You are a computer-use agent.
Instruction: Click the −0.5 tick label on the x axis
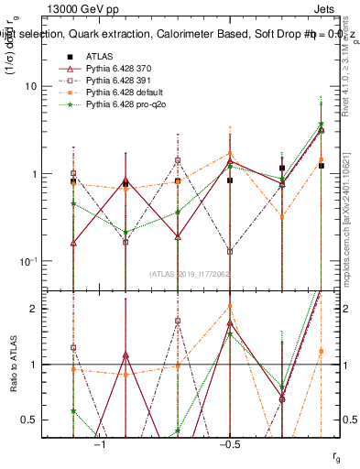229,443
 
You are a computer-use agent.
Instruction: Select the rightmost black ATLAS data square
321,166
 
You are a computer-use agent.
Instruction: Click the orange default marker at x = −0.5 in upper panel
229,154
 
